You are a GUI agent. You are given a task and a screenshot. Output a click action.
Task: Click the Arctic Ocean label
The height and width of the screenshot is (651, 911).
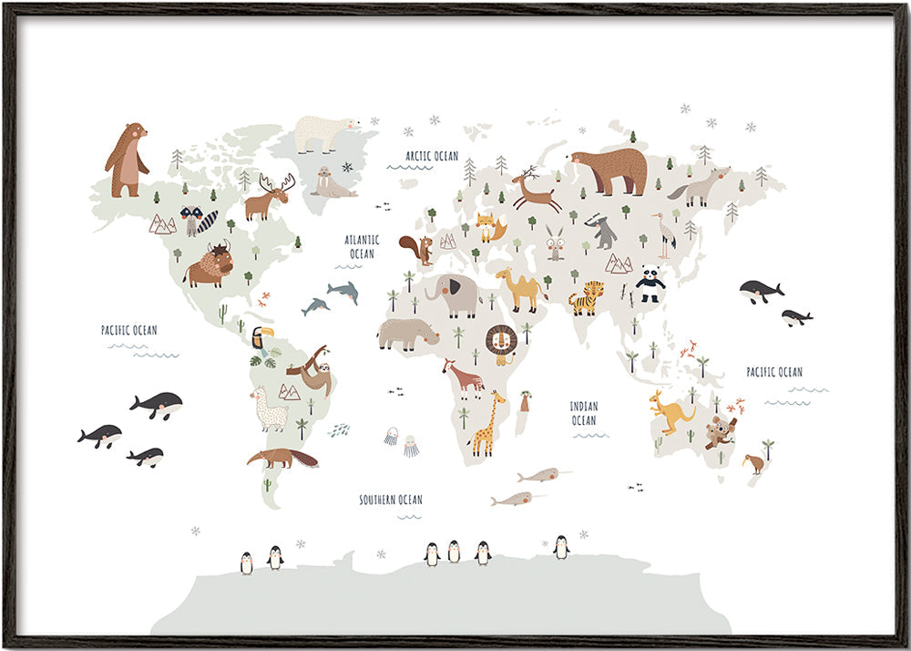click(x=432, y=156)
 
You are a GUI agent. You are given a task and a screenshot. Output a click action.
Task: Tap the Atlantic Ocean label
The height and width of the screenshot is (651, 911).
click(x=361, y=246)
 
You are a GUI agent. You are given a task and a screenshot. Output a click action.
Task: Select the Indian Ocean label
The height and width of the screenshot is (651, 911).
click(x=584, y=413)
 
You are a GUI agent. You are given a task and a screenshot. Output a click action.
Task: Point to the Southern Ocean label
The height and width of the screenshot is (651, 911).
click(x=390, y=500)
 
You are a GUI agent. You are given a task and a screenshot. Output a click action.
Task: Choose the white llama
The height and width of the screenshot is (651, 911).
click(x=270, y=409)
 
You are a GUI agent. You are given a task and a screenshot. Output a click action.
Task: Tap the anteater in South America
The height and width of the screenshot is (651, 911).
click(x=282, y=457)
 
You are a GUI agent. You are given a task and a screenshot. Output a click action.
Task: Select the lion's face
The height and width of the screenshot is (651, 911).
click(x=501, y=343)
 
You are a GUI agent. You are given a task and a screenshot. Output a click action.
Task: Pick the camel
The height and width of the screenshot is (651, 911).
click(x=521, y=288)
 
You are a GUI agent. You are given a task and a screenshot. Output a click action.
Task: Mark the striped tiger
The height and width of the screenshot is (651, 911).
click(x=587, y=297)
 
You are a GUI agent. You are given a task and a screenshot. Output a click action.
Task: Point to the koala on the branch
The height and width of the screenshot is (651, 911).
click(x=721, y=429)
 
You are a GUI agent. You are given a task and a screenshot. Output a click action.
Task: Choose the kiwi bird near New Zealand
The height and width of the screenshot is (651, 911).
click(x=753, y=461)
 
